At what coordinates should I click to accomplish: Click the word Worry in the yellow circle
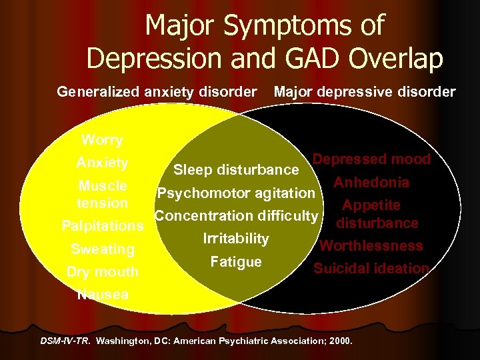pos(102,140)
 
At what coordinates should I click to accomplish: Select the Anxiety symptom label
pos(102,163)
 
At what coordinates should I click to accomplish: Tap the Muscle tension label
pos(102,193)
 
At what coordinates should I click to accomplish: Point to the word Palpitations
pos(102,226)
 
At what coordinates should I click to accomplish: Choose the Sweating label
pos(102,249)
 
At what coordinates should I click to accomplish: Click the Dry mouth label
pos(102,271)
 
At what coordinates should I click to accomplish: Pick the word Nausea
pos(102,294)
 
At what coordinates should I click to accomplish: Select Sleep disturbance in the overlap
pos(236,169)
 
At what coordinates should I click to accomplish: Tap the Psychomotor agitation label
pos(235,193)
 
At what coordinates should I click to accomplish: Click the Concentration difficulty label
pos(236,216)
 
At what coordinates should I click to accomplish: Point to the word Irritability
pos(236,239)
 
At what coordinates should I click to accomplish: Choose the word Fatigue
pos(236,262)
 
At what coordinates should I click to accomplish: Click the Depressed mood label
pos(371,160)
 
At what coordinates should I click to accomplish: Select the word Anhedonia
pos(371,182)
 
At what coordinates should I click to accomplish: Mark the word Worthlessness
pos(371,245)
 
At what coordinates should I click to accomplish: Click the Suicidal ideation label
pos(371,269)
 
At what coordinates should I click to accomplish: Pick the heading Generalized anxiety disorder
pos(157,91)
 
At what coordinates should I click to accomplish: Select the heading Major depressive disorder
pos(365,91)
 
